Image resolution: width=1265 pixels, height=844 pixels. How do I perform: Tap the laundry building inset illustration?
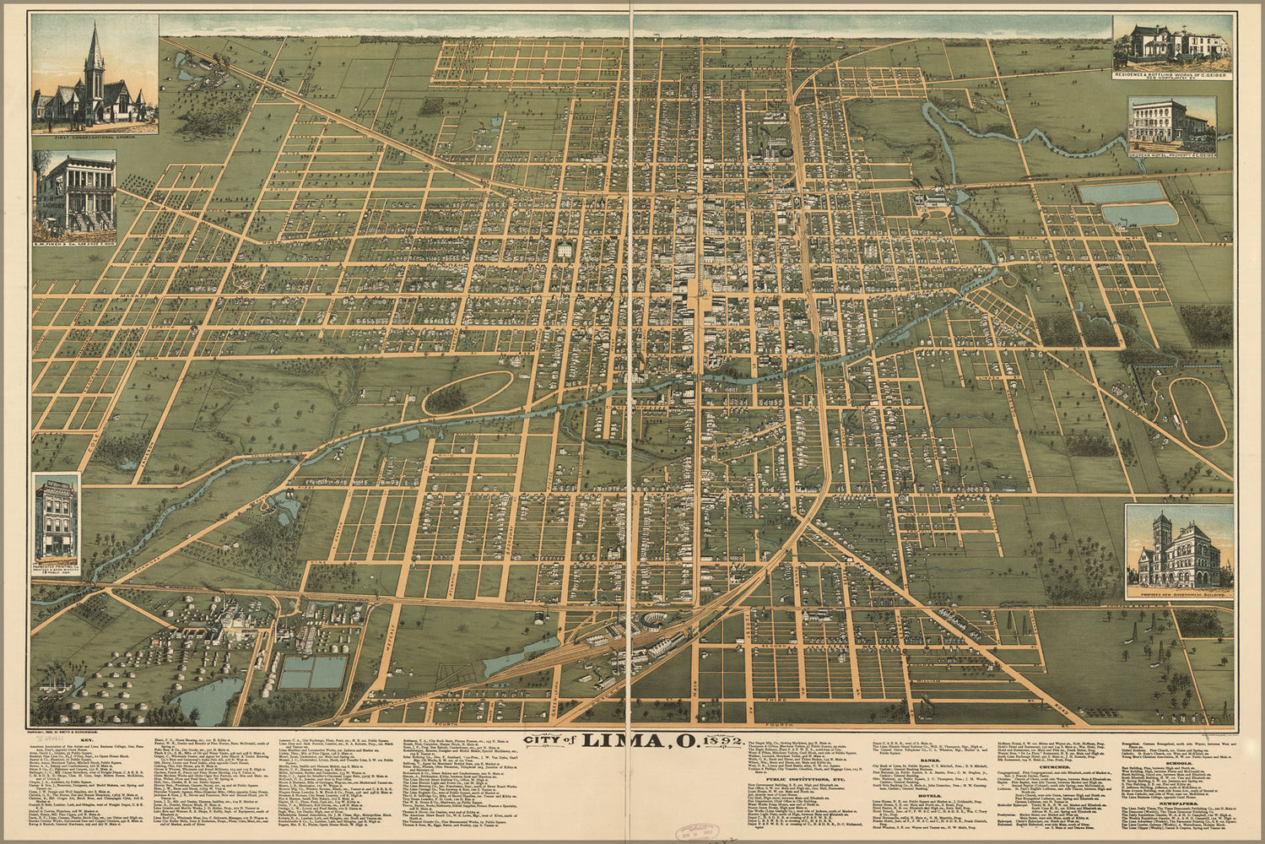(64, 194)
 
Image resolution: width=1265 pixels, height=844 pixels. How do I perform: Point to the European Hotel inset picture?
(1171, 125)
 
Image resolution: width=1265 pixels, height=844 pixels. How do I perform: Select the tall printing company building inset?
(56, 519)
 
